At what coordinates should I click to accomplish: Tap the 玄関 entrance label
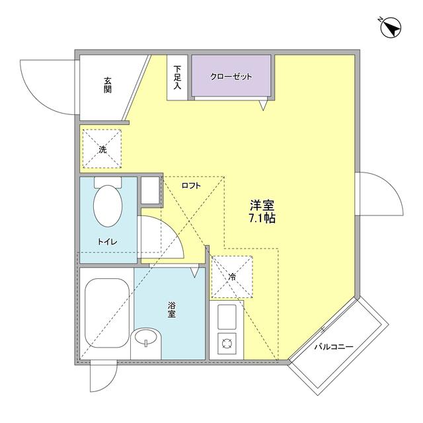(x=107, y=85)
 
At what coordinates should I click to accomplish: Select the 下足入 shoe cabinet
(x=177, y=77)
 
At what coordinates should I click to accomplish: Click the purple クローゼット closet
(x=232, y=77)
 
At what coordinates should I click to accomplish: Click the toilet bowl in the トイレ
(x=108, y=205)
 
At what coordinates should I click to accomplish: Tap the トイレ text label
(x=107, y=242)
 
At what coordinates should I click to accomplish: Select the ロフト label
(x=190, y=186)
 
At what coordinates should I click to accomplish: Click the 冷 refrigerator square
(x=231, y=277)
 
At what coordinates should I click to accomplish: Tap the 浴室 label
(x=171, y=309)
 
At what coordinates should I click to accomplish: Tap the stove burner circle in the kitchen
(x=227, y=343)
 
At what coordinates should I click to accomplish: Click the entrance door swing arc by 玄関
(x=46, y=86)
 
